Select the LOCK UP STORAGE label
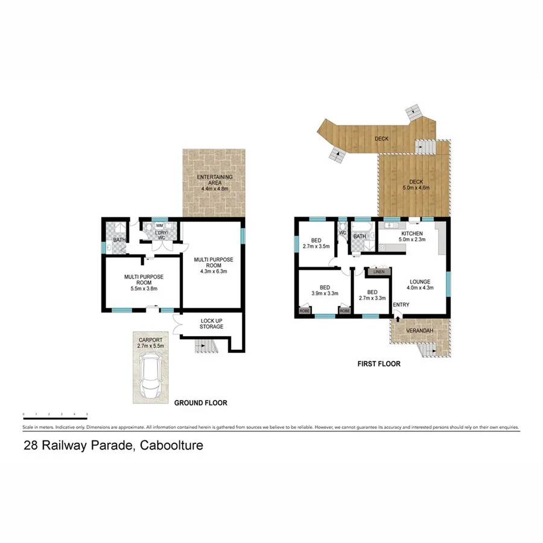(211, 323)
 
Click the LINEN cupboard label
(379, 272)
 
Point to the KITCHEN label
(411, 233)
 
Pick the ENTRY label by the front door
(401, 305)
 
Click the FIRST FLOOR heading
(378, 364)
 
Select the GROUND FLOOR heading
(200, 402)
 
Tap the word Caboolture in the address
(171, 446)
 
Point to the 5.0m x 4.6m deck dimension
(416, 188)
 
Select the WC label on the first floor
(342, 232)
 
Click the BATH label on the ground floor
(119, 240)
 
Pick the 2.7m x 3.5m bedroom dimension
(317, 246)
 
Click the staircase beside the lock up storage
(205, 346)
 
